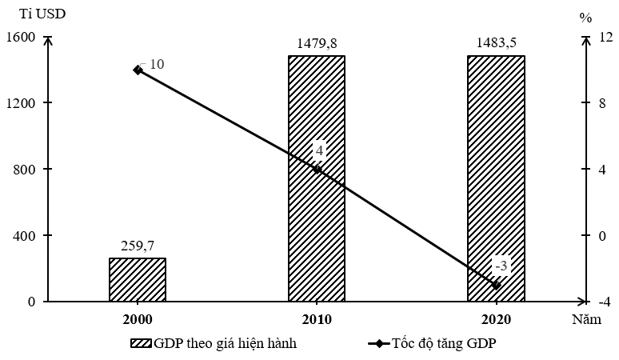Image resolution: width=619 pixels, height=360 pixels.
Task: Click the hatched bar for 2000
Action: coord(137,279)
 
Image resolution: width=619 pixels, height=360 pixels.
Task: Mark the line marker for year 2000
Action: coord(138,70)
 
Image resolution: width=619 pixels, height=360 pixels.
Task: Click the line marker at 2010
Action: coord(317,169)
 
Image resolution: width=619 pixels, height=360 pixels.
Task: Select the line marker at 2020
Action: coord(497,285)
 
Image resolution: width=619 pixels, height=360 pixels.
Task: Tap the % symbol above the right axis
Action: coord(586,17)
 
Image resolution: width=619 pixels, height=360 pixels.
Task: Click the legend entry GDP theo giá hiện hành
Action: coord(214,343)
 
